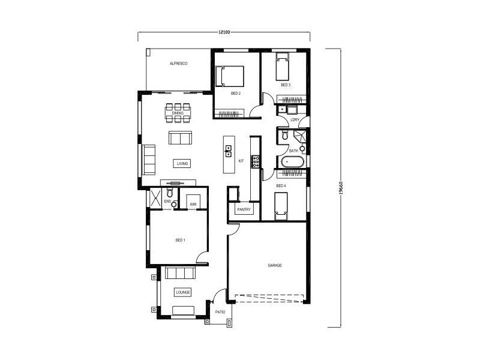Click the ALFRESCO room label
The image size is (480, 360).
pyautogui.click(x=179, y=63)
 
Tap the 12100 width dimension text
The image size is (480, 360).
pyautogui.click(x=225, y=31)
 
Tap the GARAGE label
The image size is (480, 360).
pyautogui.click(x=275, y=265)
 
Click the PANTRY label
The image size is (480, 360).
pyautogui.click(x=244, y=209)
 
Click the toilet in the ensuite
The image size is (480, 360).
pyautogui.click(x=171, y=193)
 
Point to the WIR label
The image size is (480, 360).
pyautogui.click(x=193, y=205)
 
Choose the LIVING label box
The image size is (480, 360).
pyautogui.click(x=182, y=163)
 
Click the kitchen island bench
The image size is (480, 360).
pyautogui.click(x=229, y=154)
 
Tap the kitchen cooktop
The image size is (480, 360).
pyautogui.click(x=254, y=161)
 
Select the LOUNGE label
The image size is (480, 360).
pyautogui.click(x=182, y=292)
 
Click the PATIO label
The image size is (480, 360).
pyautogui.click(x=220, y=312)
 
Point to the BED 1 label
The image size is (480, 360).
pyautogui.click(x=180, y=240)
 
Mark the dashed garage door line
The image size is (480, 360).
pyautogui.click(x=270, y=299)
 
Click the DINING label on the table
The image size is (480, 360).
pyautogui.click(x=178, y=113)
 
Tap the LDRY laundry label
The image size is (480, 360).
pyautogui.click(x=295, y=120)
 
